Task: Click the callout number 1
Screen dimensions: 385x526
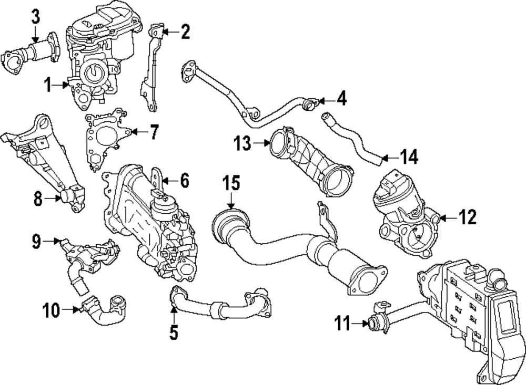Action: pos(48,85)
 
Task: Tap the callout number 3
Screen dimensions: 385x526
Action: pos(35,16)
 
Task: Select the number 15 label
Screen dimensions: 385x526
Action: pos(230,184)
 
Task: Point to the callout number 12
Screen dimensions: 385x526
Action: pos(467,216)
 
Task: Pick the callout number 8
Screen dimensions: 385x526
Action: pos(38,199)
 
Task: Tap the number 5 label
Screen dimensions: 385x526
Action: pos(174,331)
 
